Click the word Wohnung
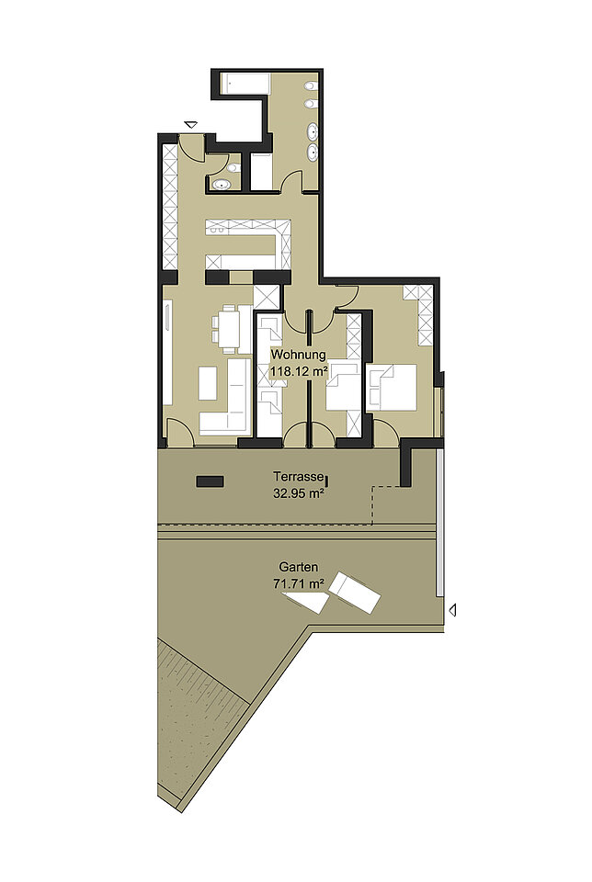click(298, 355)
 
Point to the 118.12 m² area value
click(300, 371)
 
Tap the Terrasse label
click(298, 477)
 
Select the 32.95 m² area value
click(298, 494)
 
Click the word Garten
click(298, 567)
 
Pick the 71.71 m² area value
click(298, 584)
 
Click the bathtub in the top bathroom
click(245, 85)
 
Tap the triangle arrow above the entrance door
click(191, 125)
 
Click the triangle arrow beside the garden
click(452, 609)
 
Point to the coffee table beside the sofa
click(208, 383)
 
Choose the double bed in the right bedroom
click(392, 387)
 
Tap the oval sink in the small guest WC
click(221, 184)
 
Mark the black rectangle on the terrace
click(210, 481)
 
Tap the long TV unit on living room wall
click(168, 353)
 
